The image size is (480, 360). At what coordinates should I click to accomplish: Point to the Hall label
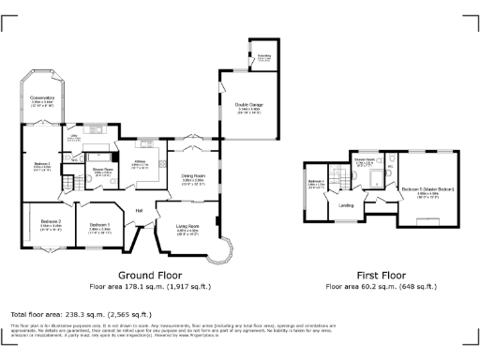pos(139,209)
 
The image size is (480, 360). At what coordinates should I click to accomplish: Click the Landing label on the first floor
pos(345,203)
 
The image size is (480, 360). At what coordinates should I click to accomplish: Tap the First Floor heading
pos(374,276)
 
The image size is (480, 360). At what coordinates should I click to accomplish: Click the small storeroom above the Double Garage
pos(264,57)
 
